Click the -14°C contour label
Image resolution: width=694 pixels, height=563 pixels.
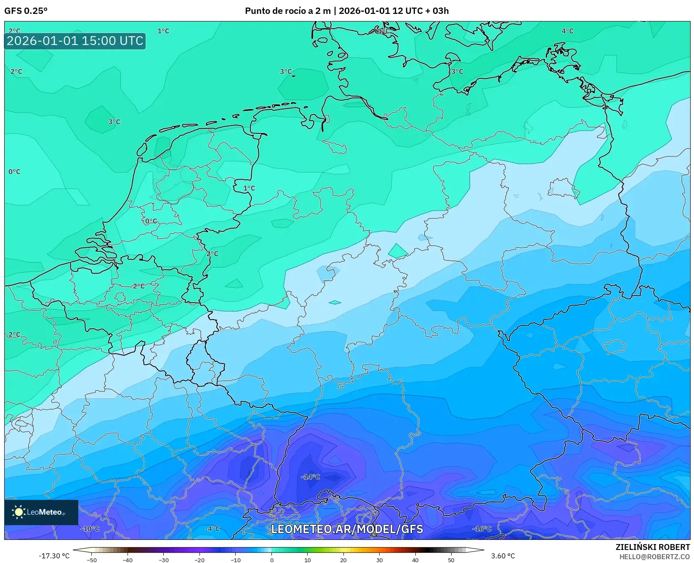pyautogui.click(x=311, y=477)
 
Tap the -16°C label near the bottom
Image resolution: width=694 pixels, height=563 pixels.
pyautogui.click(x=481, y=528)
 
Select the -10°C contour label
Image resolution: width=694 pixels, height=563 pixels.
pyautogui.click(x=90, y=528)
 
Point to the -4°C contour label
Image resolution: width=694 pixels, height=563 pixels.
pyautogui.click(x=212, y=528)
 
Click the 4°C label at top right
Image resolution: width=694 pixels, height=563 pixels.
pyautogui.click(x=567, y=31)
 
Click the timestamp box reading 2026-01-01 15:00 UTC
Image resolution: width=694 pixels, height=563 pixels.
pyautogui.click(x=75, y=41)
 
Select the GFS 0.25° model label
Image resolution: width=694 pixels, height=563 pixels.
pyautogui.click(x=26, y=11)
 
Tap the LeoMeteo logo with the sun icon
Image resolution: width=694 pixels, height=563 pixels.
pyautogui.click(x=41, y=512)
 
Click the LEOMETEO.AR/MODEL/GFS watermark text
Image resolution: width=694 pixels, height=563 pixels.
pyautogui.click(x=347, y=529)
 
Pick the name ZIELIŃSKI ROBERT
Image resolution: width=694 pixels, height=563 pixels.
pyautogui.click(x=653, y=547)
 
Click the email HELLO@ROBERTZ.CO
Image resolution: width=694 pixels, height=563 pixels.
pyautogui.click(x=654, y=556)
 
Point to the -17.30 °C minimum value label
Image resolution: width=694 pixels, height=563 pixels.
pyautogui.click(x=54, y=556)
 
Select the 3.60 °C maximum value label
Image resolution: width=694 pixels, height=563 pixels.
pyautogui.click(x=503, y=556)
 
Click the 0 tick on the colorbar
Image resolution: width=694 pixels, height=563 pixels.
pyautogui.click(x=271, y=560)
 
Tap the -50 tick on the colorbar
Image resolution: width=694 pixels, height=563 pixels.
pyautogui.click(x=91, y=560)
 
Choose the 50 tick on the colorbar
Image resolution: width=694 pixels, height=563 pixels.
pyautogui.click(x=451, y=560)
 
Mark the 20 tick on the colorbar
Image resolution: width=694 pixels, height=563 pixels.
pyautogui.click(x=343, y=560)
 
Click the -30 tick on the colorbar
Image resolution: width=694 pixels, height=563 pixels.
pyautogui.click(x=163, y=560)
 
